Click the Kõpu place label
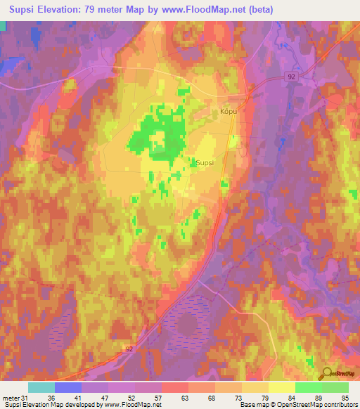click(225, 112)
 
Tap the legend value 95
click(344, 398)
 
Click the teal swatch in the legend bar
click(41, 387)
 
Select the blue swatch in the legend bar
click(68, 387)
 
